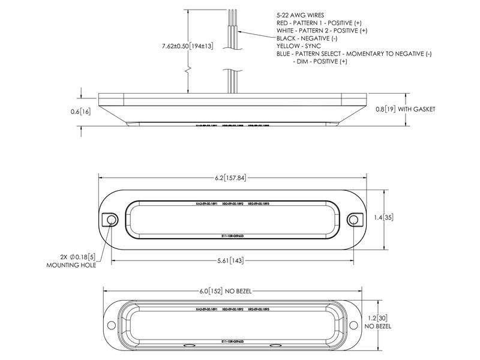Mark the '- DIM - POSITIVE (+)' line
click(x=319, y=61)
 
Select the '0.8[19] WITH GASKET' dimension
click(x=405, y=109)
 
